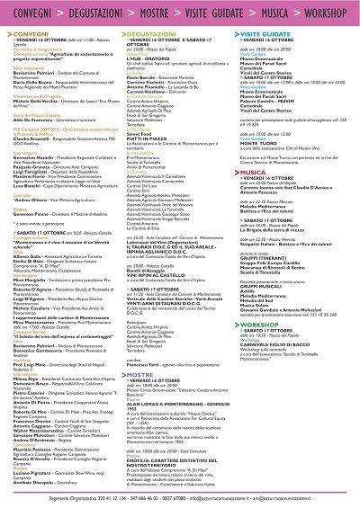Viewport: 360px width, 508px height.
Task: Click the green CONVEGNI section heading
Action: [x=27, y=31]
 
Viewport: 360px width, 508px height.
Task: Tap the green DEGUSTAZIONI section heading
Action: [x=149, y=31]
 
